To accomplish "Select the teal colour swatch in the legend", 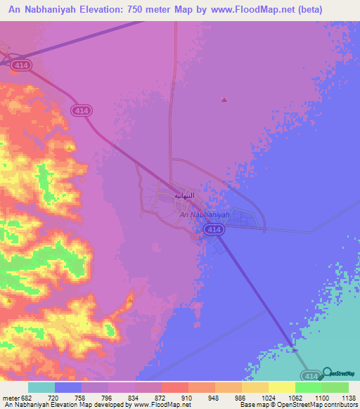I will tap(41, 388).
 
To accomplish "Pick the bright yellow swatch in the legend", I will tap(281, 388).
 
